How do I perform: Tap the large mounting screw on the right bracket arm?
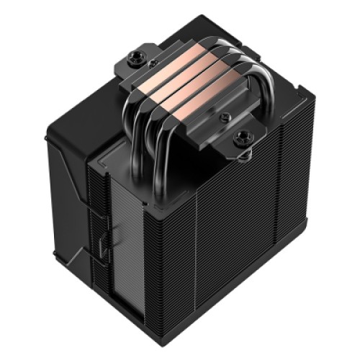coord(241,135)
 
